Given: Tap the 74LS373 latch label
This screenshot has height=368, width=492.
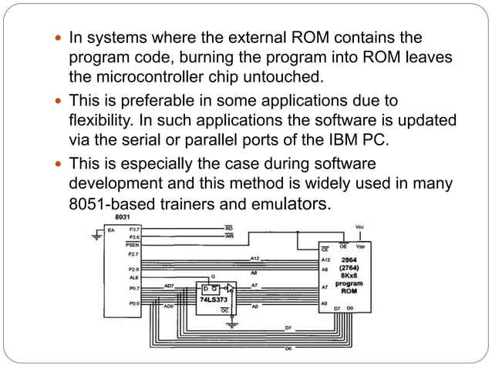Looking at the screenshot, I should tap(214, 297).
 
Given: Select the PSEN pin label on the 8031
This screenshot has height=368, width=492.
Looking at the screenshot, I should tap(133, 245).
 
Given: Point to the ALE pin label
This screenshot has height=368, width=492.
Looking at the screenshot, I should tap(132, 276).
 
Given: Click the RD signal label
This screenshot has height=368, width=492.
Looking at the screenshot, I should tap(229, 229).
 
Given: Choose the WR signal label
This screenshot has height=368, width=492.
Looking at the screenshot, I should tap(229, 237).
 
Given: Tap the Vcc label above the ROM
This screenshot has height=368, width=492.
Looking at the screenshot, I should tap(359, 226).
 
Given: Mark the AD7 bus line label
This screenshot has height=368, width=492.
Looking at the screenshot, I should tap(169, 285).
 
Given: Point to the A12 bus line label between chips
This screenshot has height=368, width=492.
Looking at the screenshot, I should tap(254, 258).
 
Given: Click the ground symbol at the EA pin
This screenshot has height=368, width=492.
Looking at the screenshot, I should tap(96, 236).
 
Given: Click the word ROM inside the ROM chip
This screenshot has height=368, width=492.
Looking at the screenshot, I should tap(349, 292).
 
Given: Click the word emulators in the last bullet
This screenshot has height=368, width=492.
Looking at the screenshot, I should tap(294, 205).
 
